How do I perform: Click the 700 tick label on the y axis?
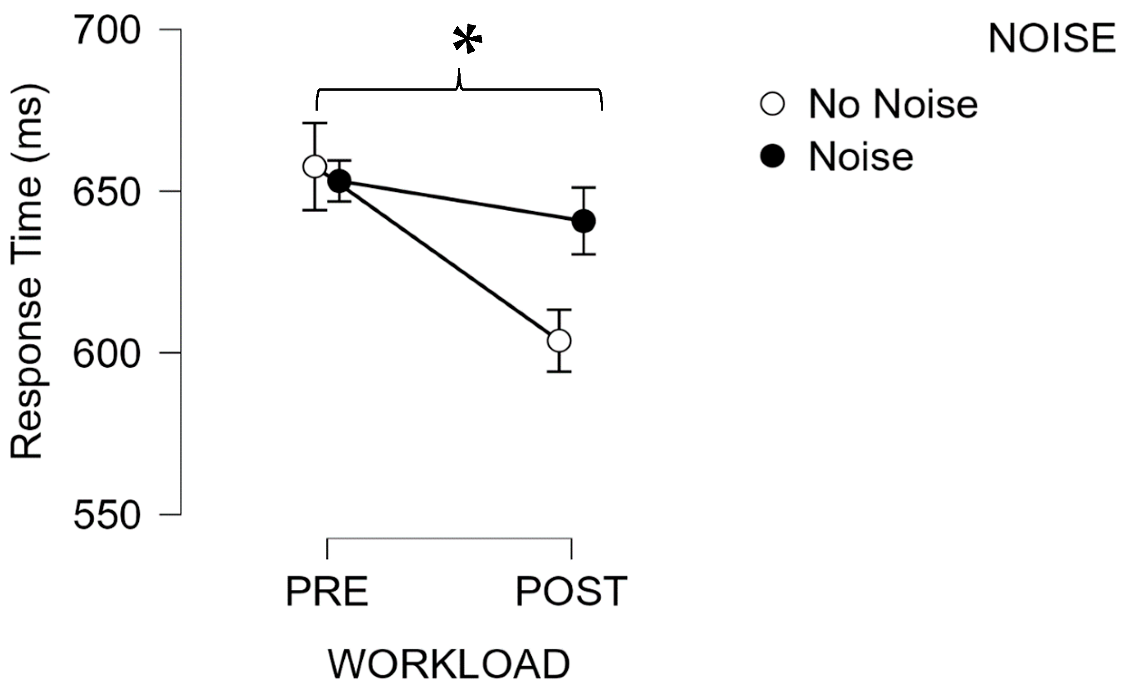click(106, 30)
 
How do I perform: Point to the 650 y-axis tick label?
click(106, 192)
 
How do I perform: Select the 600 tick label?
click(106, 354)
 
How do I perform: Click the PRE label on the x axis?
click(326, 592)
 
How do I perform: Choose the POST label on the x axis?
click(571, 592)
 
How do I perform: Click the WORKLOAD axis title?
click(449, 664)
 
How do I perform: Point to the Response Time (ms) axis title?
click(27, 272)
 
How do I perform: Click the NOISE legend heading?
click(1052, 39)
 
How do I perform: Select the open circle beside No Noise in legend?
click(772, 104)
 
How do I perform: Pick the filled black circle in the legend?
click(772, 156)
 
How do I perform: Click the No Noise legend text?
click(893, 105)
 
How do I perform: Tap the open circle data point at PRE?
click(315, 166)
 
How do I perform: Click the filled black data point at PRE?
click(340, 181)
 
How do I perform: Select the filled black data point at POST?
click(583, 222)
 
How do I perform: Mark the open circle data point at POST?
click(559, 340)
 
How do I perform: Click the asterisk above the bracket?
click(467, 41)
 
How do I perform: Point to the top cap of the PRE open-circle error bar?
click(315, 123)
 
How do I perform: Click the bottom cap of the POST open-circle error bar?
click(559, 372)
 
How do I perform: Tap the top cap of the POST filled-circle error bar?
click(583, 187)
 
